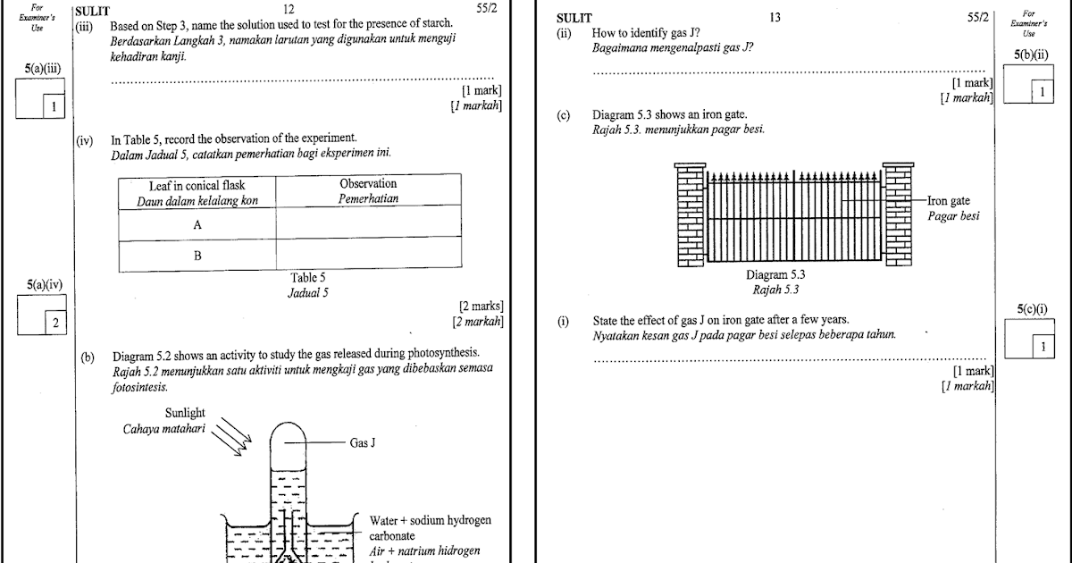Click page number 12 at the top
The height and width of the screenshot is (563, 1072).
click(x=288, y=9)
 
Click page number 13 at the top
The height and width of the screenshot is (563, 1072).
click(x=774, y=17)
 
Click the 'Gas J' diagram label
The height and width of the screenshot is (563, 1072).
click(x=361, y=442)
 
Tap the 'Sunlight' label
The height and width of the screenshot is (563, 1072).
click(x=185, y=413)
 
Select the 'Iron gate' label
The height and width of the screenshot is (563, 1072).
click(x=949, y=201)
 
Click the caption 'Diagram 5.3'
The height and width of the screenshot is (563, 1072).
click(x=775, y=275)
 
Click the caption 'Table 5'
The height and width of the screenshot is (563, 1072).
click(x=308, y=278)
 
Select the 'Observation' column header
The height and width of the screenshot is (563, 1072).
click(x=368, y=184)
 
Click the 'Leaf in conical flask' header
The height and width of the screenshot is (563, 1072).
click(x=197, y=185)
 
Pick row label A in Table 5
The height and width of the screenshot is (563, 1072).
click(x=197, y=226)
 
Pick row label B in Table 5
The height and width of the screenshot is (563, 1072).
click(x=197, y=256)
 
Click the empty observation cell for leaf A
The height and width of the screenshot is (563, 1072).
click(x=368, y=226)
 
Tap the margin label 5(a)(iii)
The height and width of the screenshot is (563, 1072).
click(x=43, y=69)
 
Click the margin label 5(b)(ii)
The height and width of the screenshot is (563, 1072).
click(x=1032, y=55)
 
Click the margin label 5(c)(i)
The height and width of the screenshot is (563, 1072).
click(x=1032, y=309)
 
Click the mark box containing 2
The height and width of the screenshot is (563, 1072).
click(x=55, y=322)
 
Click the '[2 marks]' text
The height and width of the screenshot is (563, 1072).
click(x=481, y=307)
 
